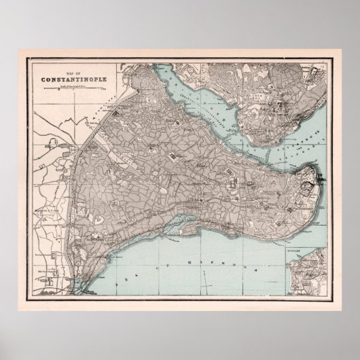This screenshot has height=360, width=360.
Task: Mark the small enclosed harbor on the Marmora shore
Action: (x=183, y=219)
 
